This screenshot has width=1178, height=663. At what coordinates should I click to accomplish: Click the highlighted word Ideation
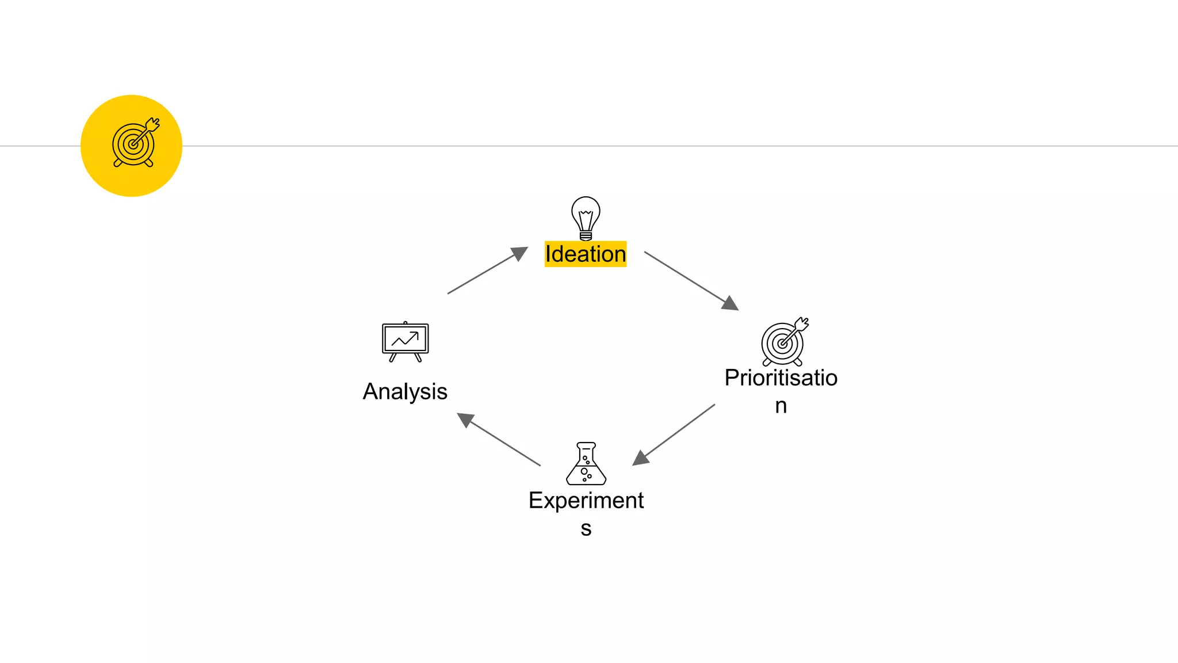pyautogui.click(x=586, y=254)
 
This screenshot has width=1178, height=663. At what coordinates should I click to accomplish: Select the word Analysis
pyautogui.click(x=405, y=391)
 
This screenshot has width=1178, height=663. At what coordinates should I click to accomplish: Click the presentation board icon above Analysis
pyautogui.click(x=406, y=341)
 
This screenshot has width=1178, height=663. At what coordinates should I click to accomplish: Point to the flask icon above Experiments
pyautogui.click(x=586, y=464)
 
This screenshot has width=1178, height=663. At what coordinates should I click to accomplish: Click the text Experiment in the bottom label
pyautogui.click(x=586, y=500)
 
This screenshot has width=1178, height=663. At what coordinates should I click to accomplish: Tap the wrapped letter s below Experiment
pyautogui.click(x=586, y=528)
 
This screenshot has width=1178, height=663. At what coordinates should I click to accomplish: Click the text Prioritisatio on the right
pyautogui.click(x=781, y=378)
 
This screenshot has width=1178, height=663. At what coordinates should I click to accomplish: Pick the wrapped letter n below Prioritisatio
pyautogui.click(x=781, y=406)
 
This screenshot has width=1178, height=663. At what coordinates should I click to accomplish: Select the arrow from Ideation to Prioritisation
pyautogui.click(x=690, y=280)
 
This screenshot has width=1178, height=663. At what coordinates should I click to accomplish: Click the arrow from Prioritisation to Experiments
pyautogui.click(x=674, y=434)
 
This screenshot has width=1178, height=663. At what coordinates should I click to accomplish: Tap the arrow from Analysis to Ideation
pyautogui.click(x=487, y=271)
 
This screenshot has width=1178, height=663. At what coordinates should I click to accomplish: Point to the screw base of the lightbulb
pyautogui.click(x=586, y=235)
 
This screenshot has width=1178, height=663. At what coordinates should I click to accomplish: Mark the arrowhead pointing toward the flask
pyautogui.click(x=640, y=458)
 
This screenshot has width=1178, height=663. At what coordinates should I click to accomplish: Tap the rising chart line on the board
pyautogui.click(x=406, y=339)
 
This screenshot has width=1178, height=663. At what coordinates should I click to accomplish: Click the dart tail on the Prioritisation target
pyautogui.click(x=802, y=323)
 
